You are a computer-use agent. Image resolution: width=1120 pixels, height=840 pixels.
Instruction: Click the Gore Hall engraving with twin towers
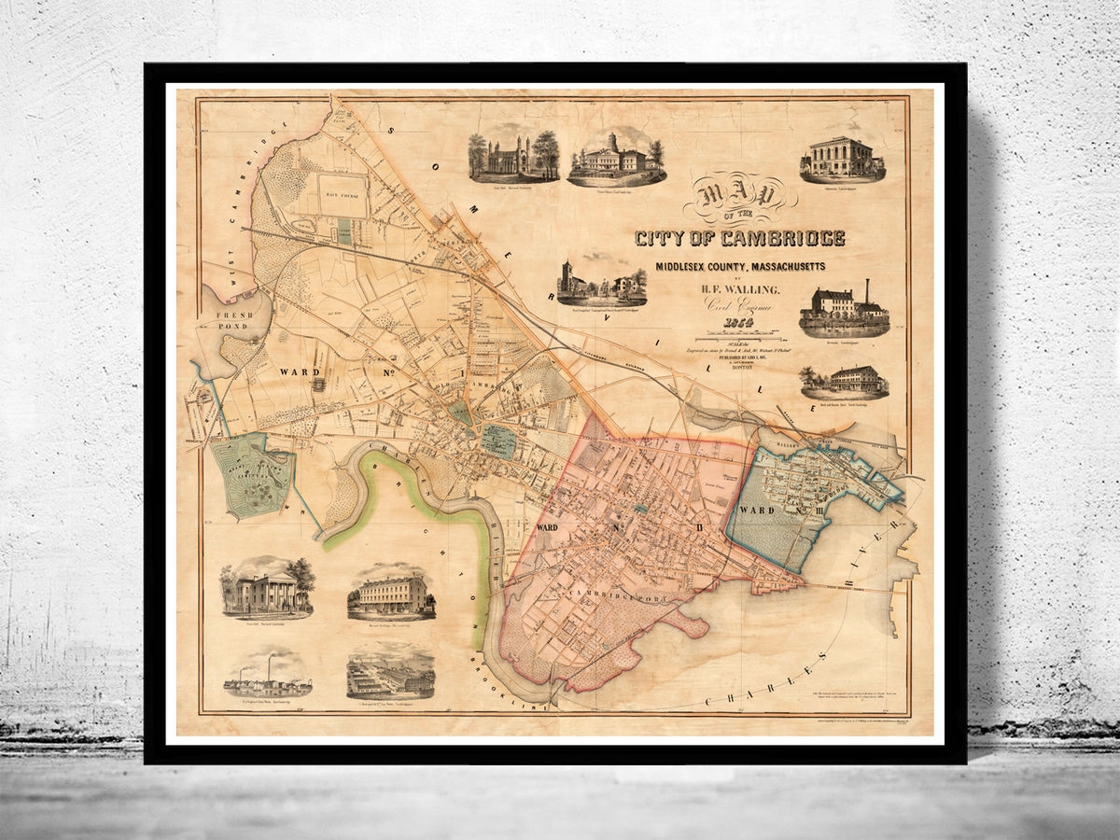click(513, 156)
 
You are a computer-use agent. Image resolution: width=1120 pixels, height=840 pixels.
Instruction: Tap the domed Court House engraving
click(615, 157)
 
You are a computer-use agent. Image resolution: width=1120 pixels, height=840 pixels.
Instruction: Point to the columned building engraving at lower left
click(266, 588)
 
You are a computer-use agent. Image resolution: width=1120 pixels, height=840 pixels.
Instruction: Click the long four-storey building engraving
click(391, 592)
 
